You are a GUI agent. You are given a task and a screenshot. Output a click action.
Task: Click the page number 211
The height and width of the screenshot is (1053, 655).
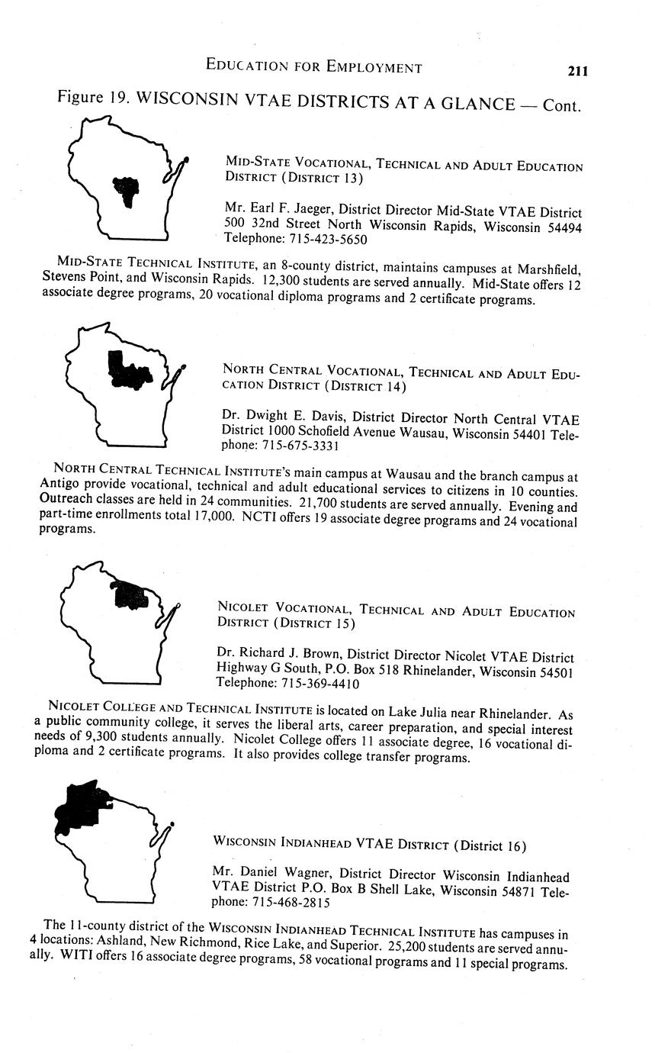point(577,71)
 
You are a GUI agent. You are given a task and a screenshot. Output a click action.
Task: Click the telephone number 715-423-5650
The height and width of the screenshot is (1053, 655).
point(328,240)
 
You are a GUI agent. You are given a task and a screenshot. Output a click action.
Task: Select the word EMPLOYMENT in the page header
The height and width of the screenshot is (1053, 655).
point(374,67)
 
